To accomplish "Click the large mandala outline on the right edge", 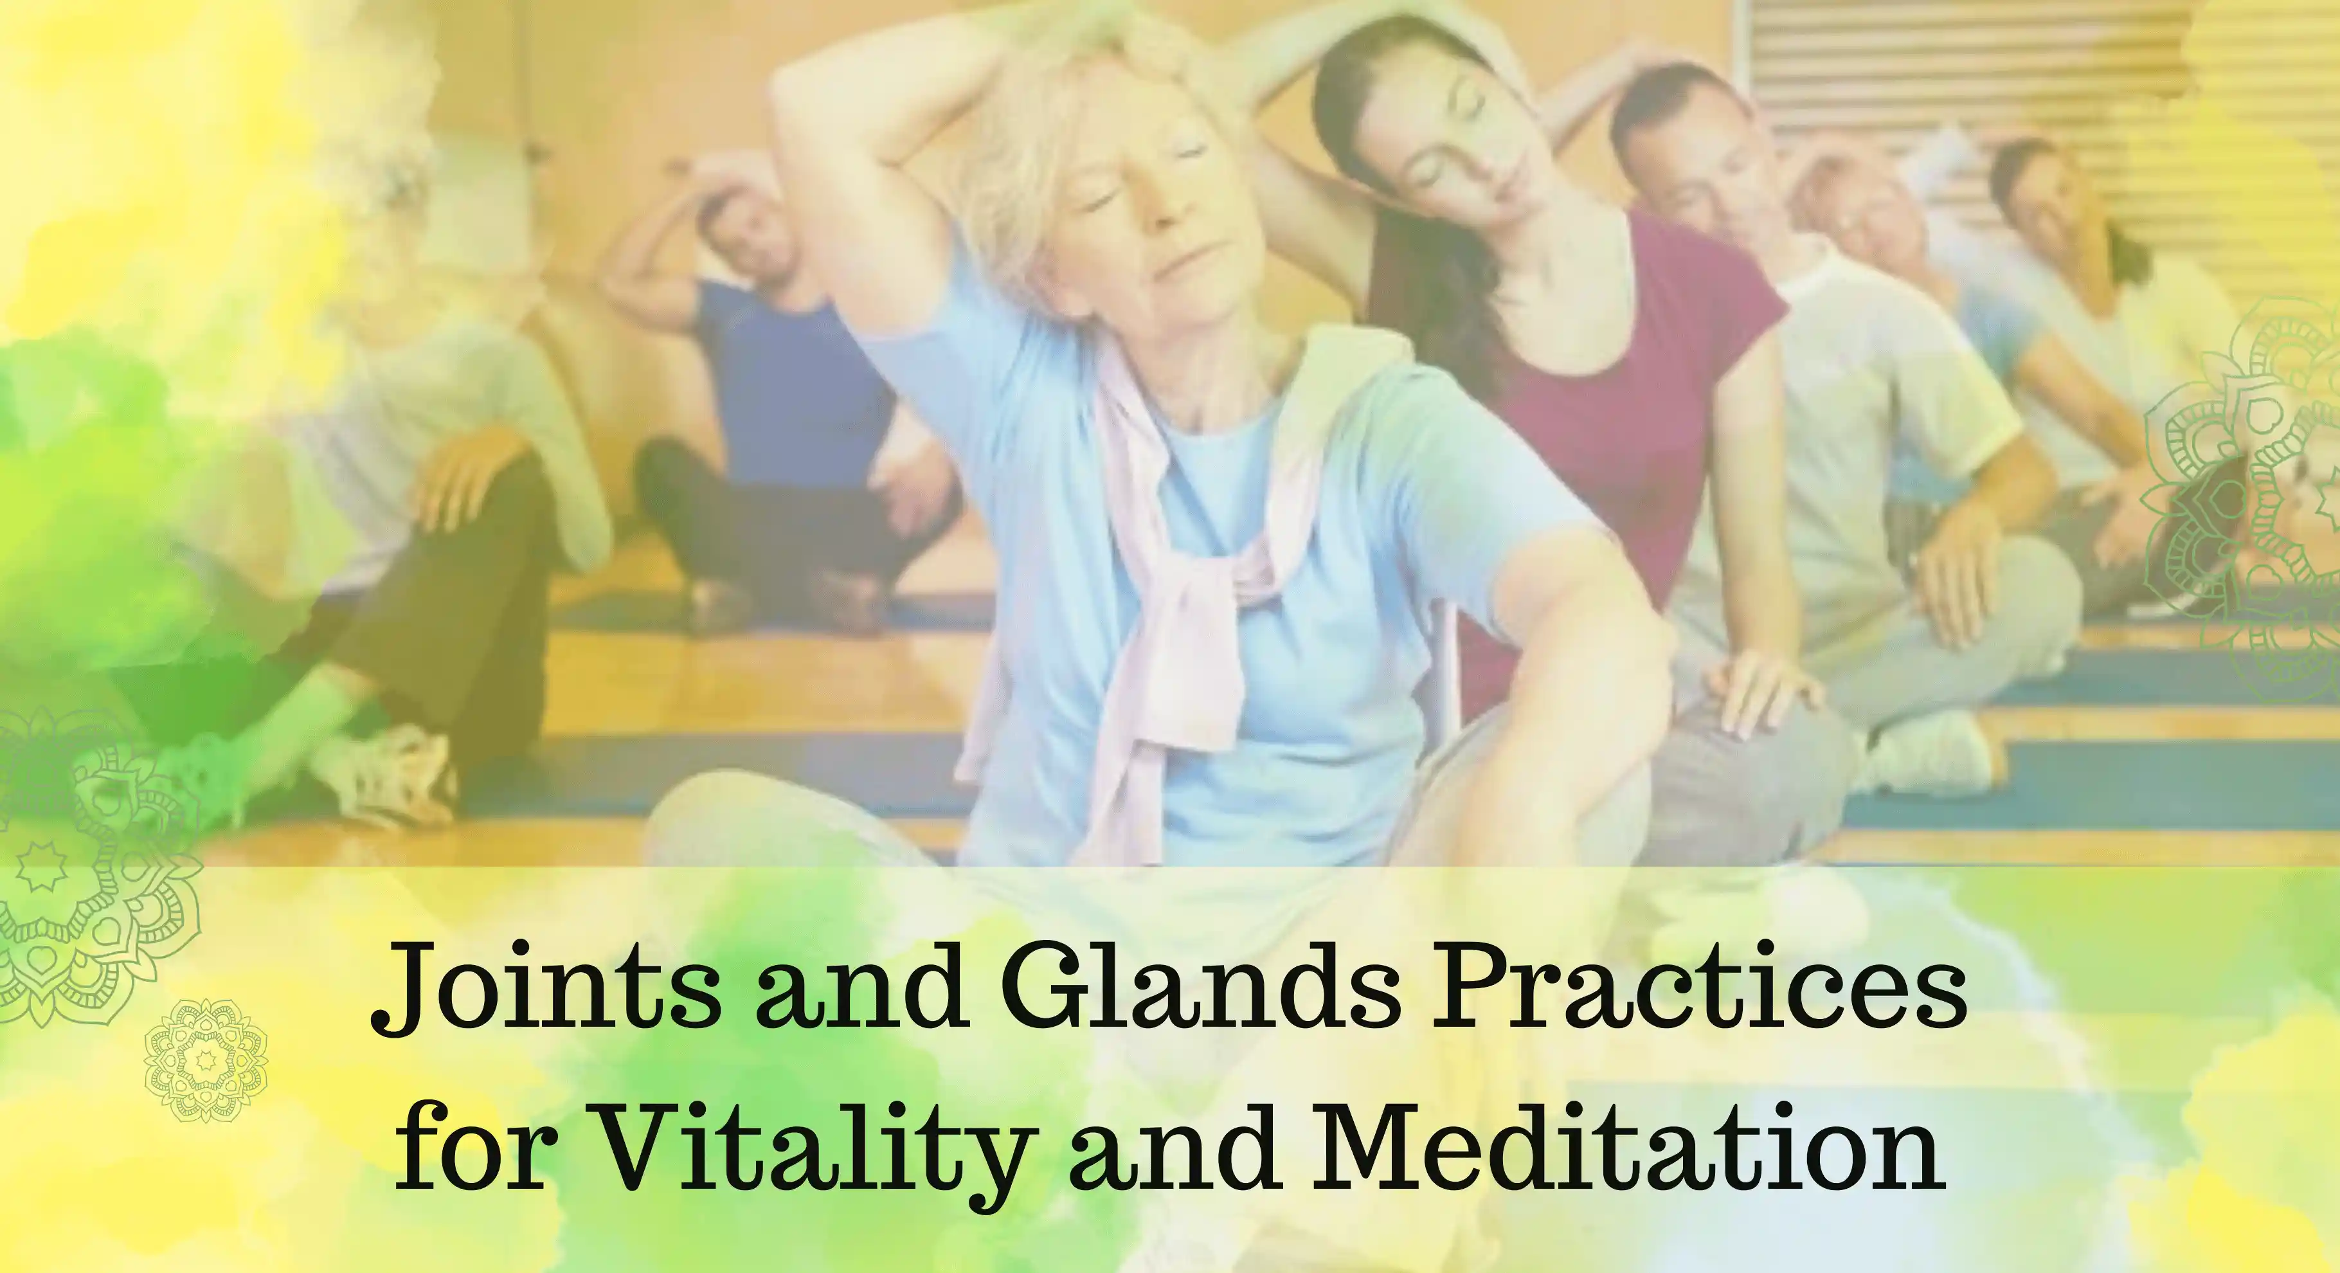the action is (x=2244, y=482).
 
